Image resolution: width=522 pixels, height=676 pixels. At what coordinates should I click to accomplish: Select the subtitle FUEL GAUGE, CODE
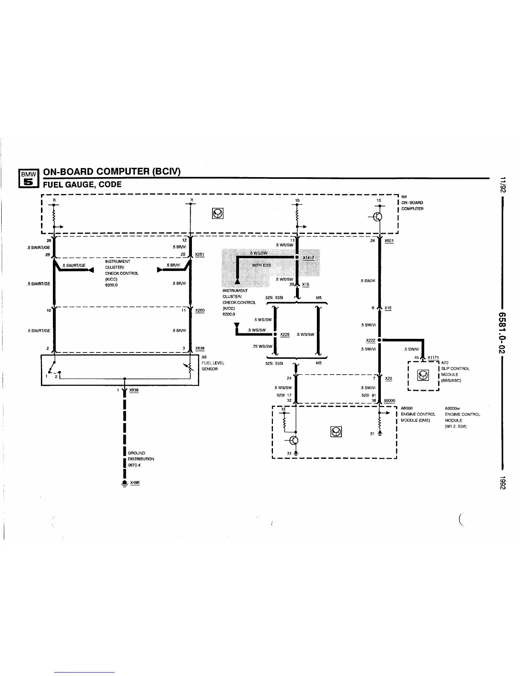[x=82, y=184]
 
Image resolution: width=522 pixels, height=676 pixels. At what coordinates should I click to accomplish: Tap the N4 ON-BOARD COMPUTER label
[x=412, y=203]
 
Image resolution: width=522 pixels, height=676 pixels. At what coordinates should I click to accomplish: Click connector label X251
[x=200, y=254]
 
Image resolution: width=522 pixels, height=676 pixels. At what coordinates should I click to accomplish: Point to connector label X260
[x=200, y=310]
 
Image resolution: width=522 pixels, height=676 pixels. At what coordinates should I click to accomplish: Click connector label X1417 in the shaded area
[x=308, y=258]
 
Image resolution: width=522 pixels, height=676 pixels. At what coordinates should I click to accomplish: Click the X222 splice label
[x=370, y=341]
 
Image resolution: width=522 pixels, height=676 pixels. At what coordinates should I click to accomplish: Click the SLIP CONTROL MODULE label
[x=455, y=371]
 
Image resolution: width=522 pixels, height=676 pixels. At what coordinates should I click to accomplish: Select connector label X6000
[x=389, y=400]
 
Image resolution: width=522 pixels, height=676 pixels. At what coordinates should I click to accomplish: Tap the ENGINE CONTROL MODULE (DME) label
[x=418, y=414]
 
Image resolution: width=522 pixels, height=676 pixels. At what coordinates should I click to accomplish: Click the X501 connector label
[x=389, y=241]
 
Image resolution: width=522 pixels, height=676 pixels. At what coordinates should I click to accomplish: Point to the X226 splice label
[x=285, y=335]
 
